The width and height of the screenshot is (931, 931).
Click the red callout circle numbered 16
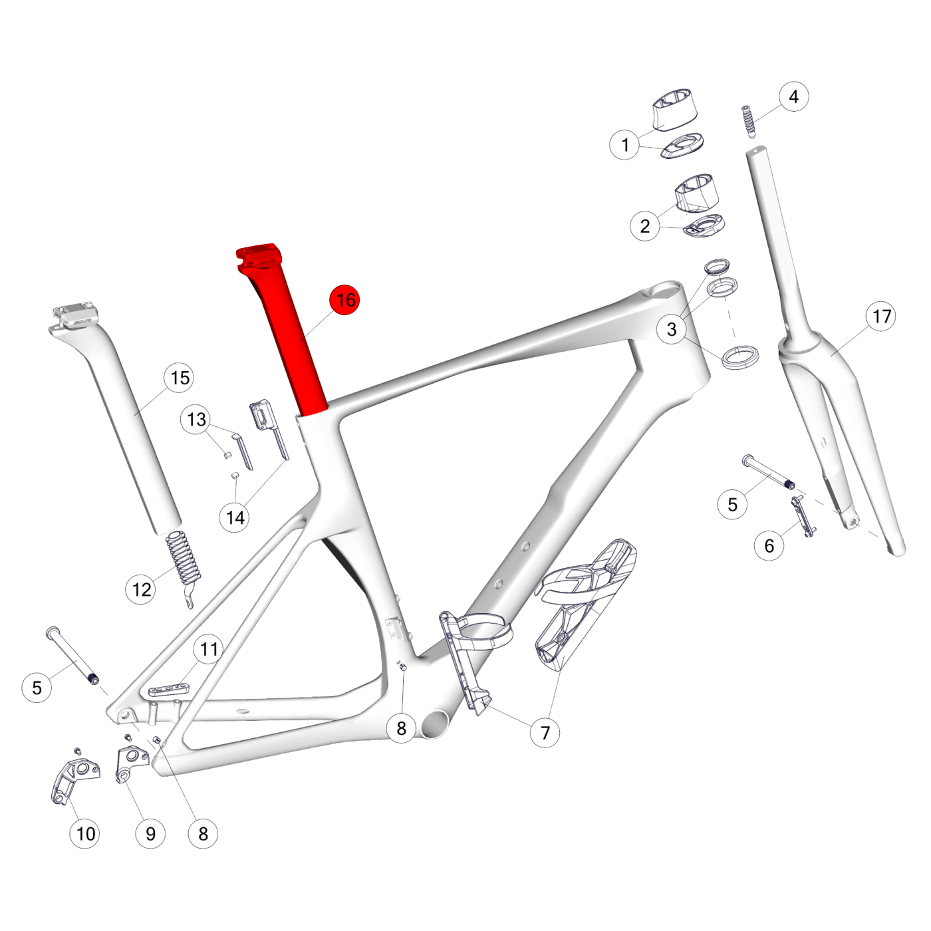click(x=344, y=300)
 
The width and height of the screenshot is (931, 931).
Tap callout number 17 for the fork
click(x=881, y=316)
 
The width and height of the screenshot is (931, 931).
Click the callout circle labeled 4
click(x=793, y=96)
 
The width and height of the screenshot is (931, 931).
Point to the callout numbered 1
click(x=624, y=144)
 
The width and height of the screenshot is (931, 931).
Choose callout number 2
click(x=644, y=225)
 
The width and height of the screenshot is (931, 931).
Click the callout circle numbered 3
click(x=672, y=329)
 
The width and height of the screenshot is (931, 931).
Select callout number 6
click(x=769, y=546)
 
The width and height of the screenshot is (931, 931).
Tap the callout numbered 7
click(x=545, y=733)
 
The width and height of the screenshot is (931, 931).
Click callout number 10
click(x=85, y=833)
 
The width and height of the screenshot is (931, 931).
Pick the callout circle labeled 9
click(x=150, y=833)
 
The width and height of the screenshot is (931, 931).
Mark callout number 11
click(x=209, y=649)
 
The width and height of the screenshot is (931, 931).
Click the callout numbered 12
click(x=141, y=589)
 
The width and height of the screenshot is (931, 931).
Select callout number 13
click(x=196, y=420)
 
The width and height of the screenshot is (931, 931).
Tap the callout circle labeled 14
click(x=235, y=517)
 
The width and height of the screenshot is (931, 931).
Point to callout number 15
click(x=180, y=378)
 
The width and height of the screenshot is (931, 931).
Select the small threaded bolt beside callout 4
click(x=749, y=120)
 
